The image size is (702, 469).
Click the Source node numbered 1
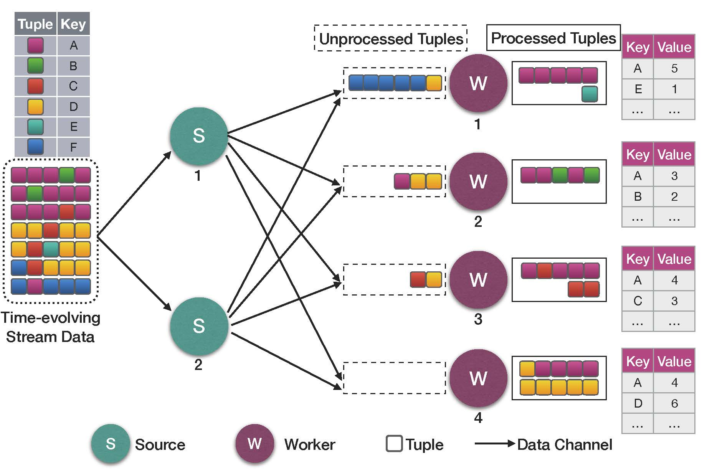(199, 136)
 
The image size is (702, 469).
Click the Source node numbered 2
(199, 326)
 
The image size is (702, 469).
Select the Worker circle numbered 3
(478, 280)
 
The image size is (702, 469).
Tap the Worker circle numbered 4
(478, 378)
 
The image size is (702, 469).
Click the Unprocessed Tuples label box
(391, 38)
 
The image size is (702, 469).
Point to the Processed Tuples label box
(553, 38)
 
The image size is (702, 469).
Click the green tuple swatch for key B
(35, 66)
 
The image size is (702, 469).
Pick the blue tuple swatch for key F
(35, 147)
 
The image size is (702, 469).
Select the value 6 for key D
(674, 403)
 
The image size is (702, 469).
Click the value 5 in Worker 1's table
(674, 68)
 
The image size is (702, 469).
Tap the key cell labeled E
(638, 89)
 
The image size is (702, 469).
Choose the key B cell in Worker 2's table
(638, 197)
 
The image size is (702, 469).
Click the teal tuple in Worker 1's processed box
(590, 94)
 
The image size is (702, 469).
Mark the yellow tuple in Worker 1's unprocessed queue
(434, 83)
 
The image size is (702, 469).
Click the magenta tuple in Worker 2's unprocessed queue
(402, 181)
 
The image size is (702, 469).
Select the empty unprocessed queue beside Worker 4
(394, 378)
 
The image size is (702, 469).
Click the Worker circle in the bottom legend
(255, 444)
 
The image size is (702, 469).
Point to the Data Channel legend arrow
(494, 444)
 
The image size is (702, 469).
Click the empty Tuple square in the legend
(394, 444)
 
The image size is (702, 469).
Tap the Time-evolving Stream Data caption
(50, 327)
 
